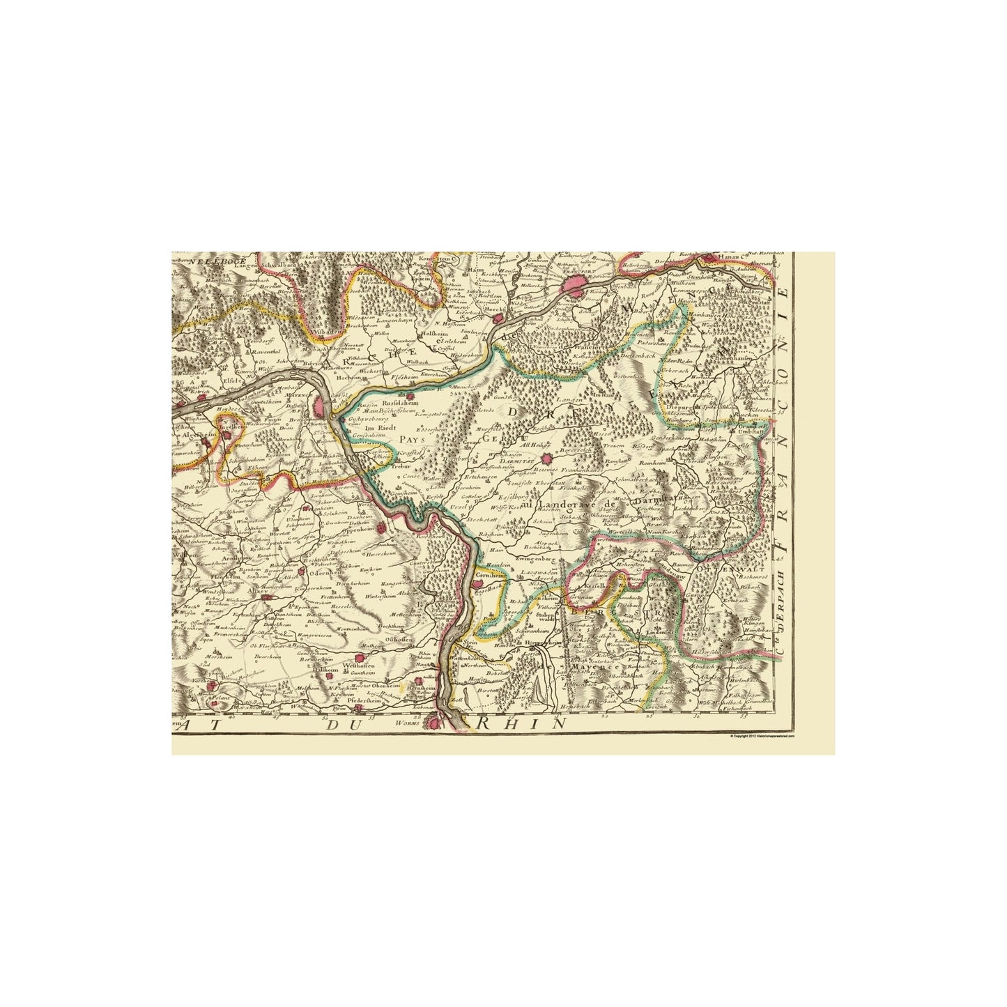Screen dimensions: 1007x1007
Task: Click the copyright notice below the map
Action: [x=762, y=736]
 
